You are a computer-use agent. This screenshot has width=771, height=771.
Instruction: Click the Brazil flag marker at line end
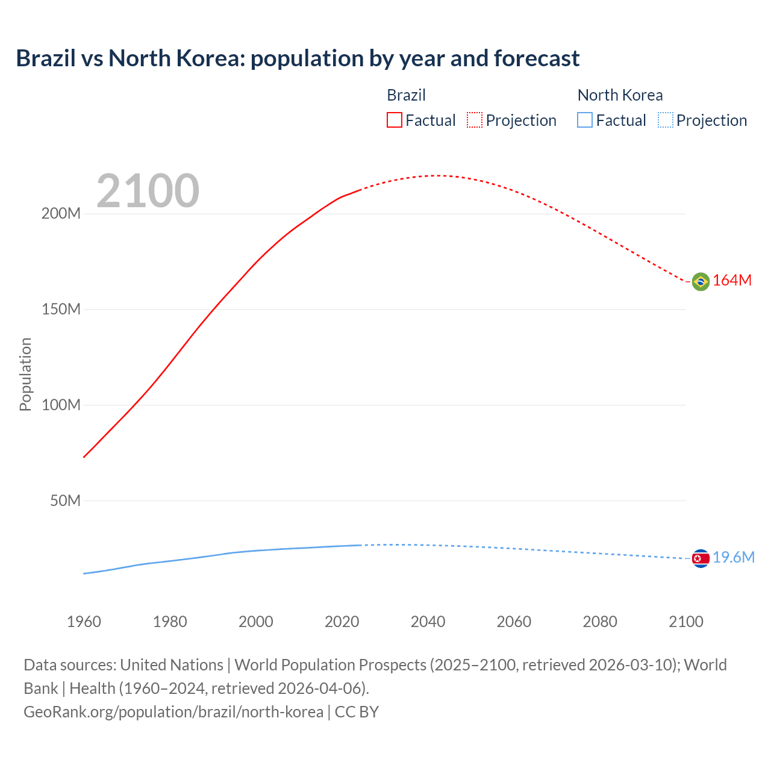pyautogui.click(x=700, y=281)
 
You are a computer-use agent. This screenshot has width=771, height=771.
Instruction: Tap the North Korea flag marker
pyautogui.click(x=700, y=558)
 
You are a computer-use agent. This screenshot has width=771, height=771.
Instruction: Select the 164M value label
pyautogui.click(x=732, y=281)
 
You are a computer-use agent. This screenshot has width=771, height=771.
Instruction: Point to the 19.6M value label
pyautogui.click(x=733, y=558)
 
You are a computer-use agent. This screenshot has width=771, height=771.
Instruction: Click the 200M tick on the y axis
pyautogui.click(x=61, y=214)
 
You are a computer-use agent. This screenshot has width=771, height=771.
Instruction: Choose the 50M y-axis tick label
pyautogui.click(x=65, y=501)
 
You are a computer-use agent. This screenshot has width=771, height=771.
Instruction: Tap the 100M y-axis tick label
pyautogui.click(x=61, y=405)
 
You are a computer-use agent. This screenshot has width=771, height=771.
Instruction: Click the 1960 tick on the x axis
pyautogui.click(x=84, y=622)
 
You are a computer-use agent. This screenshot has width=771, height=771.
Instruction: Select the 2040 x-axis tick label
pyautogui.click(x=428, y=622)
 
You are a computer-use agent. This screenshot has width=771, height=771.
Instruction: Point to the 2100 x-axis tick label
pyautogui.click(x=685, y=622)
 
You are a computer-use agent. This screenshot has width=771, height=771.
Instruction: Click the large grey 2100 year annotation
pyautogui.click(x=148, y=191)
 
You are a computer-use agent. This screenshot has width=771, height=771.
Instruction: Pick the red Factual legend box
pyautogui.click(x=395, y=120)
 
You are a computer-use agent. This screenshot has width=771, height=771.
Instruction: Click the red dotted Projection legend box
pyautogui.click(x=475, y=120)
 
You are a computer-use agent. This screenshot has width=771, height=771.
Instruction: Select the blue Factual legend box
pyautogui.click(x=585, y=120)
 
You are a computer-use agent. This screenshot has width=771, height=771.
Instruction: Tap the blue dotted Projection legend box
pyautogui.click(x=665, y=120)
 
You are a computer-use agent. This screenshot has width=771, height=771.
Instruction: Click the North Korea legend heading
pyautogui.click(x=620, y=95)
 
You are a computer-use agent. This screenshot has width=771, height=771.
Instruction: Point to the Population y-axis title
pyautogui.click(x=25, y=374)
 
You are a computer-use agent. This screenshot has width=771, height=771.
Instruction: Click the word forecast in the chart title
pyautogui.click(x=536, y=58)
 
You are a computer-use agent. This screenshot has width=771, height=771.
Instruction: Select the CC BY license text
pyautogui.click(x=357, y=712)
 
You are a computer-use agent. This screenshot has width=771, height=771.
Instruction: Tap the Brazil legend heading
pyautogui.click(x=406, y=95)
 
